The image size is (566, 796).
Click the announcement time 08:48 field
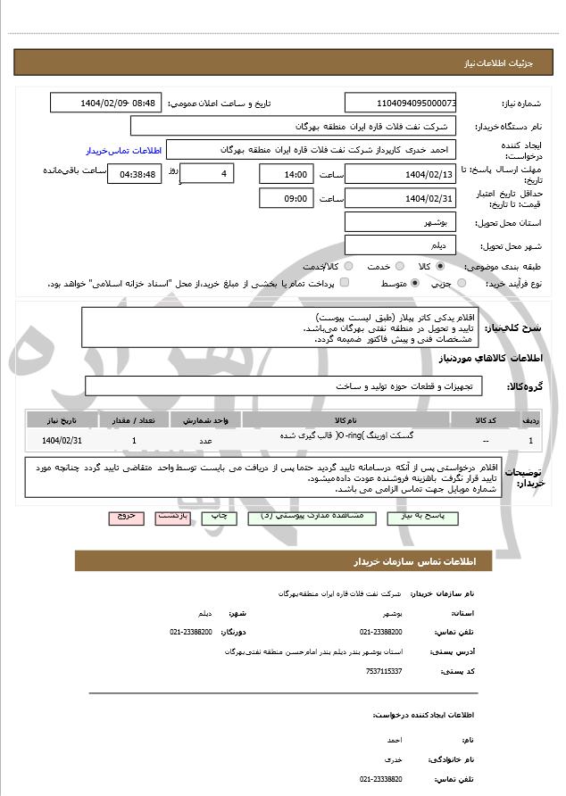point(106,103)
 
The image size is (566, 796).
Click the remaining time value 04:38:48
point(134,174)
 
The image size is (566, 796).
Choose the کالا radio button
point(440,266)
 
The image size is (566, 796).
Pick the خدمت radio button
point(399,266)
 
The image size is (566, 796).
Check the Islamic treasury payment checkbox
point(345,283)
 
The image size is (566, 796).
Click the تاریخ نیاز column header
point(62,419)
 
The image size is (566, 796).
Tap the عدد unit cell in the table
point(205,440)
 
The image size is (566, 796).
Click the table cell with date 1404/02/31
point(62,440)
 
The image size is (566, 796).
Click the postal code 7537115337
point(383,671)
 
